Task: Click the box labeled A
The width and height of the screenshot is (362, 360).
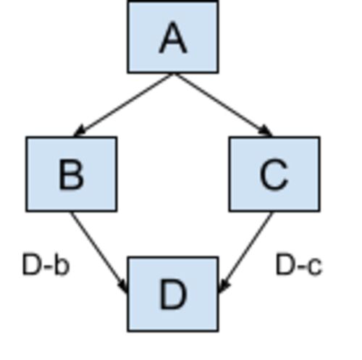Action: (x=173, y=37)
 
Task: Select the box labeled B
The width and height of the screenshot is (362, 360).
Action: (x=72, y=174)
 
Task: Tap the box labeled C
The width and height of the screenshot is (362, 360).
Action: (x=274, y=174)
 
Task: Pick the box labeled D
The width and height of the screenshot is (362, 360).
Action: (x=173, y=294)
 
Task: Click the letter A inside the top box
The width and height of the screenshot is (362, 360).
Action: (x=173, y=37)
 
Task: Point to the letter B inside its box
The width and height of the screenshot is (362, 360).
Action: (x=71, y=174)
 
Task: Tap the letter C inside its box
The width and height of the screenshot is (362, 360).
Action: (x=274, y=174)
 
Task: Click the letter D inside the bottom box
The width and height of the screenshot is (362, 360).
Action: (x=173, y=294)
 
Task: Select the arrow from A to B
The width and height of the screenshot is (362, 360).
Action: (x=123, y=105)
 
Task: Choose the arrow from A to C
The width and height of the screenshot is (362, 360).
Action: (x=223, y=105)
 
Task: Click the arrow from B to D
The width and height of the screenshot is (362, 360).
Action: (x=98, y=253)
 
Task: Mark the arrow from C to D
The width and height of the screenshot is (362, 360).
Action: (x=245, y=253)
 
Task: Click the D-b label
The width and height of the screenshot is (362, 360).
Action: (x=46, y=264)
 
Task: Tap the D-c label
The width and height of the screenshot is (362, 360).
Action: (x=299, y=264)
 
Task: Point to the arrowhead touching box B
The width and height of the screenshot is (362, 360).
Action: (x=79, y=131)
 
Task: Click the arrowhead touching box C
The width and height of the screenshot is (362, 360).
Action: (x=266, y=131)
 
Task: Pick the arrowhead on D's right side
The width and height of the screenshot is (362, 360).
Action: (x=223, y=286)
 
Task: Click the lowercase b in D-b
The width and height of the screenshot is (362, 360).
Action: (x=62, y=264)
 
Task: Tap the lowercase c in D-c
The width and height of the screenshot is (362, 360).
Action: (x=315, y=267)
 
